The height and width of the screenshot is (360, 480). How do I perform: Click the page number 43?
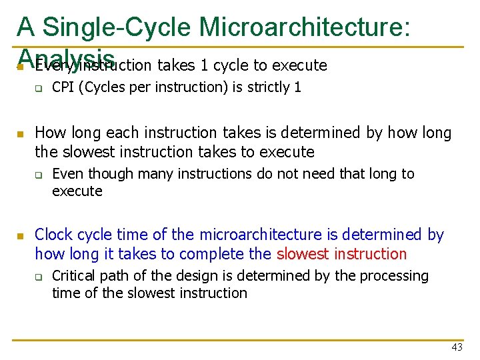[457, 347]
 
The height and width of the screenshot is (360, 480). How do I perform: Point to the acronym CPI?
[63, 87]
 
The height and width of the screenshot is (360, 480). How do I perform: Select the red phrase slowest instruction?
[341, 254]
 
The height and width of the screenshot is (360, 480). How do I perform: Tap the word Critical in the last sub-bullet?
[73, 276]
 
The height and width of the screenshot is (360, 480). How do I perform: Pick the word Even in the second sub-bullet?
[66, 174]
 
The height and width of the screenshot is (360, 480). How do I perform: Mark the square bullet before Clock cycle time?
[21, 236]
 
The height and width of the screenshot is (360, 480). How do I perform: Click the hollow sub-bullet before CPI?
[39, 88]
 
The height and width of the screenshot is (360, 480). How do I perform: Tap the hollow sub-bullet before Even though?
[39, 175]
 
